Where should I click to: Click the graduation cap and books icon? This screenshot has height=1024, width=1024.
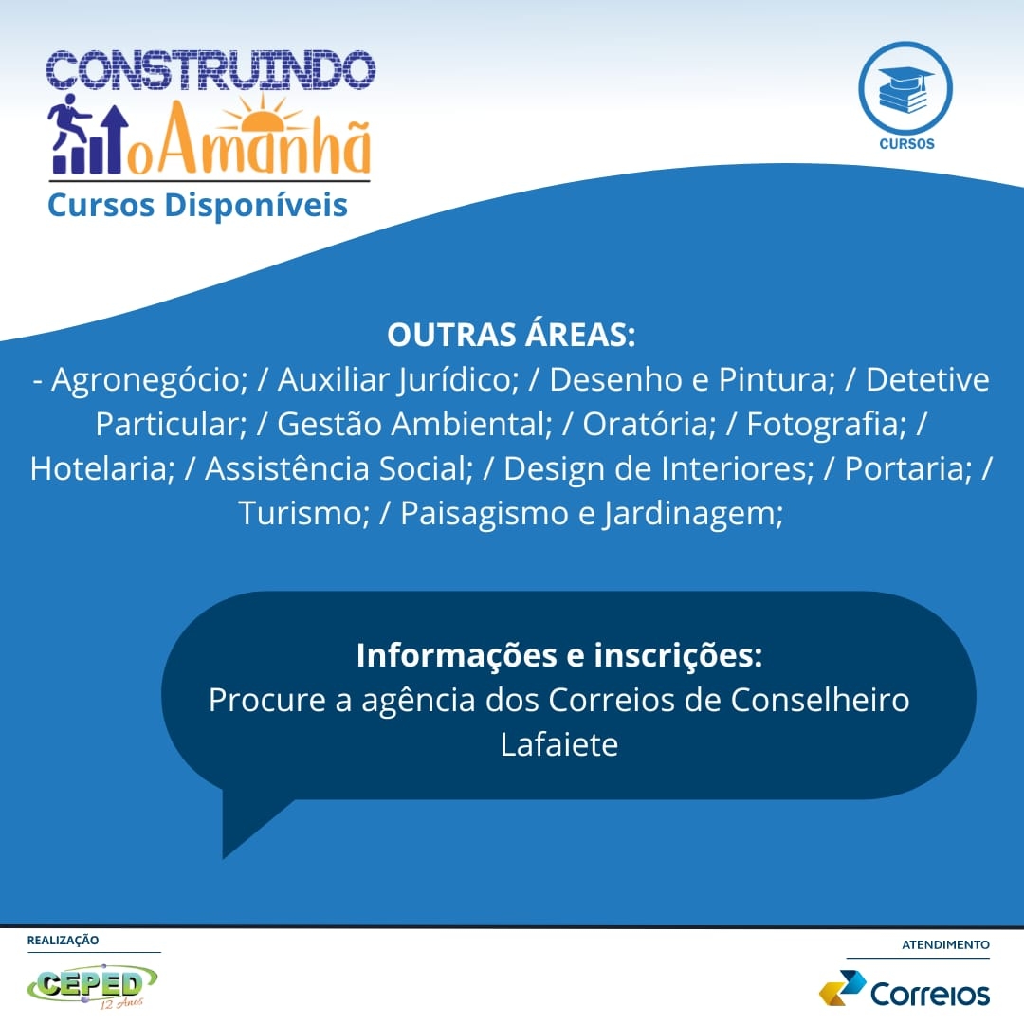[905, 89]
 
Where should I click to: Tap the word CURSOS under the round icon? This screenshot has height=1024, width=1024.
[906, 144]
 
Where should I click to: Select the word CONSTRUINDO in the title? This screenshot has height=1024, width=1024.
[210, 70]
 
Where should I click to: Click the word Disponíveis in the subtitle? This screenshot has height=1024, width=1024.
[256, 205]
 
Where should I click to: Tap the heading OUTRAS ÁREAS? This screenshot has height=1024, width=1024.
[511, 335]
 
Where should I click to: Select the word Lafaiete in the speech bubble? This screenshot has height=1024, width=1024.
[559, 744]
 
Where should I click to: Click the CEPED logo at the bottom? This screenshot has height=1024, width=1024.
[92, 985]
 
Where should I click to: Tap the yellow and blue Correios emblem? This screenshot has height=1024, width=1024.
[842, 988]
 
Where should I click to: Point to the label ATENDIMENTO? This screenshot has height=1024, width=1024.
[945, 945]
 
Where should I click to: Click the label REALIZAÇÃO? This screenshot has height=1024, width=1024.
[63, 941]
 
